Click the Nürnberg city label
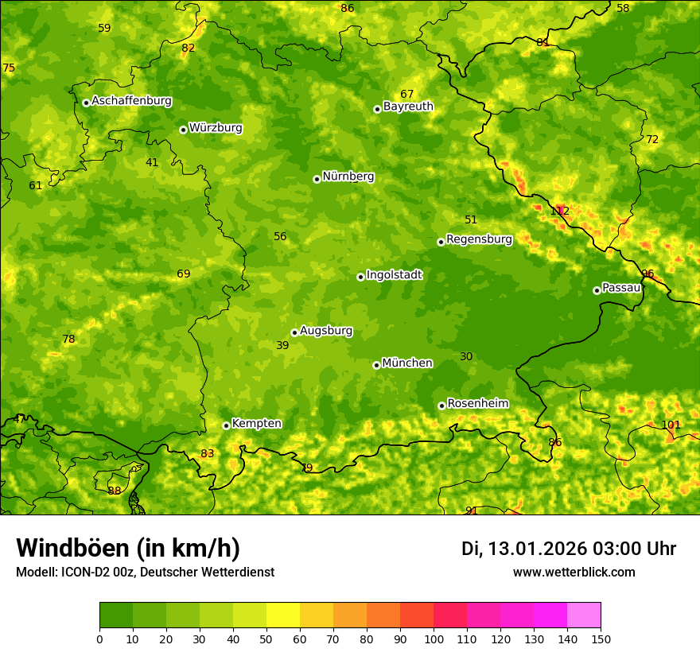[348, 177]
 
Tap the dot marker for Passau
[597, 290]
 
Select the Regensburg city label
[479, 239]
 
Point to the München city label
[407, 363]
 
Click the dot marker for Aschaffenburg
[86, 103]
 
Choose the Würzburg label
[216, 127]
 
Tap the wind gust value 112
[560, 211]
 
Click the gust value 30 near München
[466, 356]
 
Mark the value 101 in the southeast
[671, 425]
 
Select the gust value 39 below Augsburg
[282, 345]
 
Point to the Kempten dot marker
[226, 425]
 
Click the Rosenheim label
[477, 403]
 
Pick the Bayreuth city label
[408, 106]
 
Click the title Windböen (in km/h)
[127, 548]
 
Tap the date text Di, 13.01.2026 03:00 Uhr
[569, 549]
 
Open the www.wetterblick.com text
[574, 572]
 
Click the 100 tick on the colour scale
[434, 639]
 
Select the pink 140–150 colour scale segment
[584, 615]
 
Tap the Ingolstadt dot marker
[360, 277]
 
